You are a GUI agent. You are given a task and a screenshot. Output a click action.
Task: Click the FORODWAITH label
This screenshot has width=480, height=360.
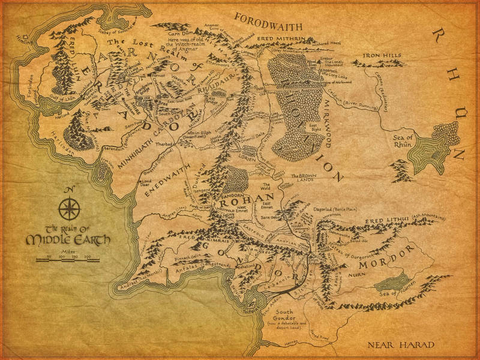point(268,17)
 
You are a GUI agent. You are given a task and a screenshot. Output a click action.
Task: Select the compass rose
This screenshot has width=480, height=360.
point(70,208)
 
